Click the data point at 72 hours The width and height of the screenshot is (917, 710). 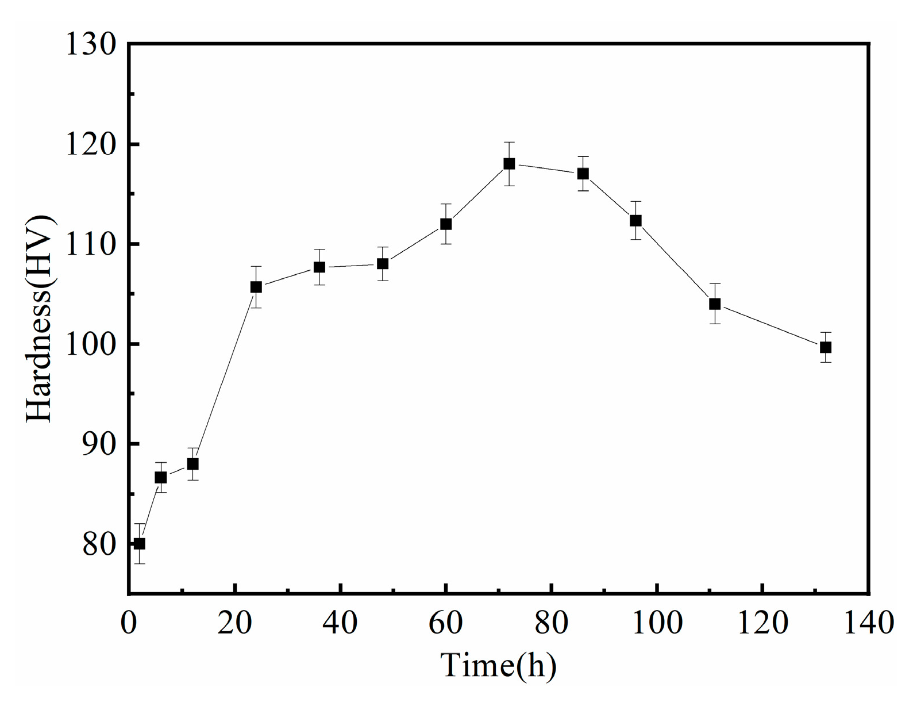[x=509, y=164]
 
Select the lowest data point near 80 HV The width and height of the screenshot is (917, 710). [x=139, y=544]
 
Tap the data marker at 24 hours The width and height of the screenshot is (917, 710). [x=256, y=287]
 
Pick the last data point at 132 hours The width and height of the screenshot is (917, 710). [x=826, y=347]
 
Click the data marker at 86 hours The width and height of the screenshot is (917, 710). [x=583, y=174]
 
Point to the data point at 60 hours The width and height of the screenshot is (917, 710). [x=446, y=224]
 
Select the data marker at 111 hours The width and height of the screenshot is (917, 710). [x=715, y=304]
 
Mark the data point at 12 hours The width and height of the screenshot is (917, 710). [x=193, y=464]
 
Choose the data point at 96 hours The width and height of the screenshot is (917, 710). [x=635, y=221]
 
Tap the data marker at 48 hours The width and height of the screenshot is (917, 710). [x=383, y=264]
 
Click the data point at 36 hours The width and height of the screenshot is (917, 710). [x=319, y=267]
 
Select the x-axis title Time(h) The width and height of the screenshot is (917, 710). [x=498, y=666]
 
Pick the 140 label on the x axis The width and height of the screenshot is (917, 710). [x=867, y=623]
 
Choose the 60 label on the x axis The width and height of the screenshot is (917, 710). [x=446, y=623]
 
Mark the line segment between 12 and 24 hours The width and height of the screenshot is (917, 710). [x=225, y=375]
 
